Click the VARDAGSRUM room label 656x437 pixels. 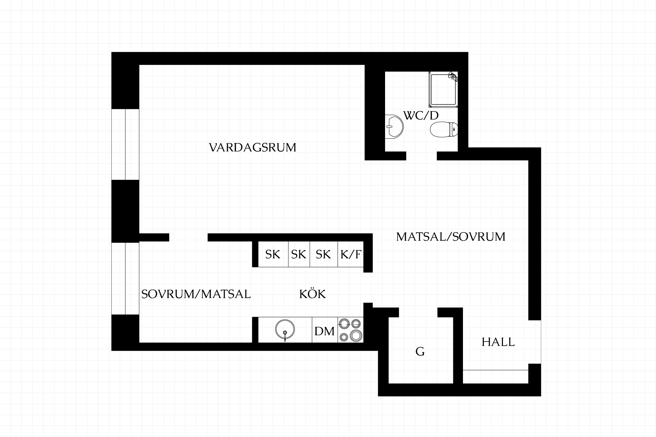point(252,147)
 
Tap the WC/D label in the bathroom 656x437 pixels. point(421,115)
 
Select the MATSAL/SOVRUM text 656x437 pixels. point(451,237)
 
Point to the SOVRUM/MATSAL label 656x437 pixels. point(196,294)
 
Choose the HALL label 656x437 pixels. point(498,342)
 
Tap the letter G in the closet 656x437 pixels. point(420,351)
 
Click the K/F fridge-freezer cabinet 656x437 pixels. point(351,254)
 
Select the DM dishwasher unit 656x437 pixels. point(325,330)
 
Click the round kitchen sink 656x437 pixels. point(285,330)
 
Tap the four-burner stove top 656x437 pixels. point(351,330)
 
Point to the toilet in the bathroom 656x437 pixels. point(444,130)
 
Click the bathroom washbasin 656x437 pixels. point(394,127)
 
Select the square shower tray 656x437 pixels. point(443,89)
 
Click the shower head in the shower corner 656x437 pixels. point(453,77)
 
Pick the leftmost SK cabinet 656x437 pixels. point(273,254)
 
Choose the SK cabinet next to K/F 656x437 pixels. point(324,254)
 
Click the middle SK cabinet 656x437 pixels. point(299,254)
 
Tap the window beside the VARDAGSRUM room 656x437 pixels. point(125,144)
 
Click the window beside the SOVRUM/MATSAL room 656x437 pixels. point(125,279)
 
